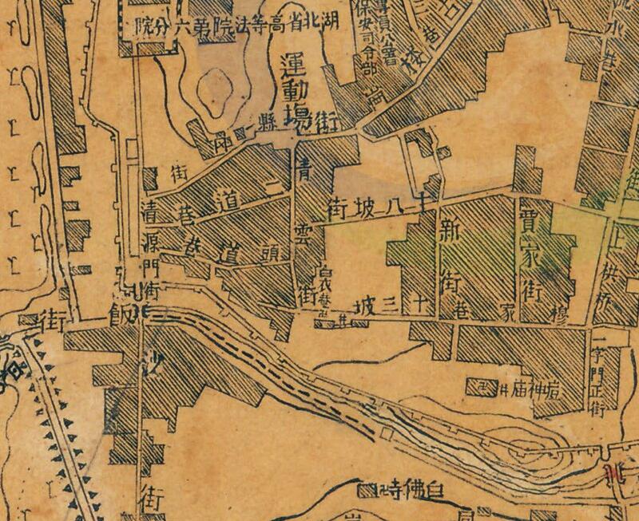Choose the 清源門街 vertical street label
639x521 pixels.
[150, 251]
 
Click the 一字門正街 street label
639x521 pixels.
[604, 375]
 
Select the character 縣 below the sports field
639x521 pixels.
[263, 128]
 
